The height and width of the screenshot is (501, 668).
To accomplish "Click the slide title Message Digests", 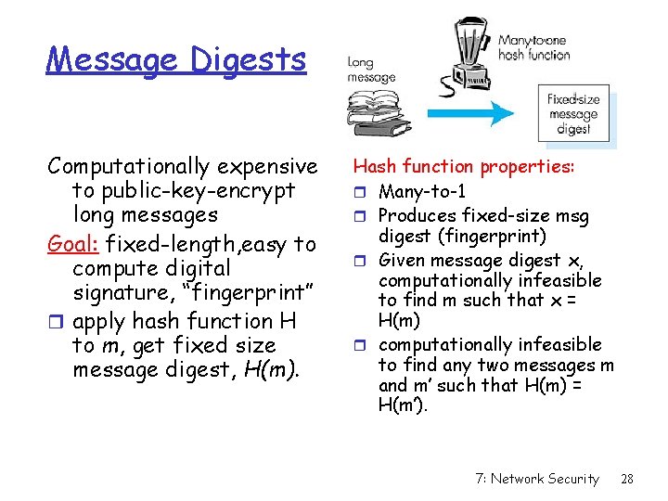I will [x=176, y=60].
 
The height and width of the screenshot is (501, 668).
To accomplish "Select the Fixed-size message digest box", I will [x=573, y=113].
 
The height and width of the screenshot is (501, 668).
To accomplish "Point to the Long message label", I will [x=370, y=71].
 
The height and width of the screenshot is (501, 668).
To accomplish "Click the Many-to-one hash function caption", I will [x=533, y=47].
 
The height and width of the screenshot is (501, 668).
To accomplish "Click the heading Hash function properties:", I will [x=464, y=167].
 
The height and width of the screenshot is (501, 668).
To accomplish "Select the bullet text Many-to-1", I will [x=422, y=192].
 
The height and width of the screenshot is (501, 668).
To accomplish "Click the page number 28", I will [x=626, y=479].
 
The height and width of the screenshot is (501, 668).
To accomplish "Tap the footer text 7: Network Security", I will [x=536, y=479].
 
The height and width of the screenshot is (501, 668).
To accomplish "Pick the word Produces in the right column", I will [x=417, y=216].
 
